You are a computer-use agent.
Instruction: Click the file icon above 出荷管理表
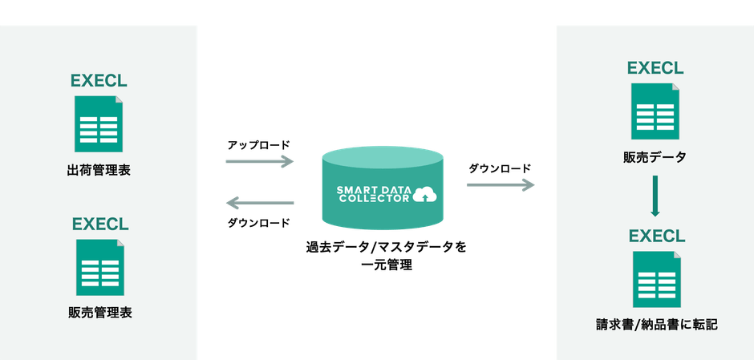point(99,124)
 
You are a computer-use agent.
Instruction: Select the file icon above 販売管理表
point(100,267)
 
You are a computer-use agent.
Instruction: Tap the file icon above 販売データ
point(655,111)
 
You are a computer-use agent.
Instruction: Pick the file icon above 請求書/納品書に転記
point(657,279)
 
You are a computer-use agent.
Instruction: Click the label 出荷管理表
point(99,171)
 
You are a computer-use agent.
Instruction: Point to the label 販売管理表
point(100,313)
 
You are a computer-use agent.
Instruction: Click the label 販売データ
point(655,157)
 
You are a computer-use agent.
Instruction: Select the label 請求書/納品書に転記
point(657,325)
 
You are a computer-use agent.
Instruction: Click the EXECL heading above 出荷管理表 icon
point(99,81)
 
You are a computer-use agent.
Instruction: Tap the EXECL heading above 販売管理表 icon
point(100,224)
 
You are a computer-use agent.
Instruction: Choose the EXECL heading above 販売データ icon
point(655,68)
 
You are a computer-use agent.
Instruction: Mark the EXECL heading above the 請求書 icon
point(658,236)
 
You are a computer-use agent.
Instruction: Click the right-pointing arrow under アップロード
point(260,161)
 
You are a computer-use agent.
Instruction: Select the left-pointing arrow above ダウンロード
point(260,203)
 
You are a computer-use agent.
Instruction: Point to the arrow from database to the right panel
point(501,185)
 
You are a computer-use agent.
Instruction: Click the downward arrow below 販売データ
point(655,196)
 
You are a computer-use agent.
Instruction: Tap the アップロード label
point(259,144)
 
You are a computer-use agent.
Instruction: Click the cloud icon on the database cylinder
point(424,194)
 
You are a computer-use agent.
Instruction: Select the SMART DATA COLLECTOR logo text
point(374,194)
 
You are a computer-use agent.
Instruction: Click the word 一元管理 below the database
point(387,265)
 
